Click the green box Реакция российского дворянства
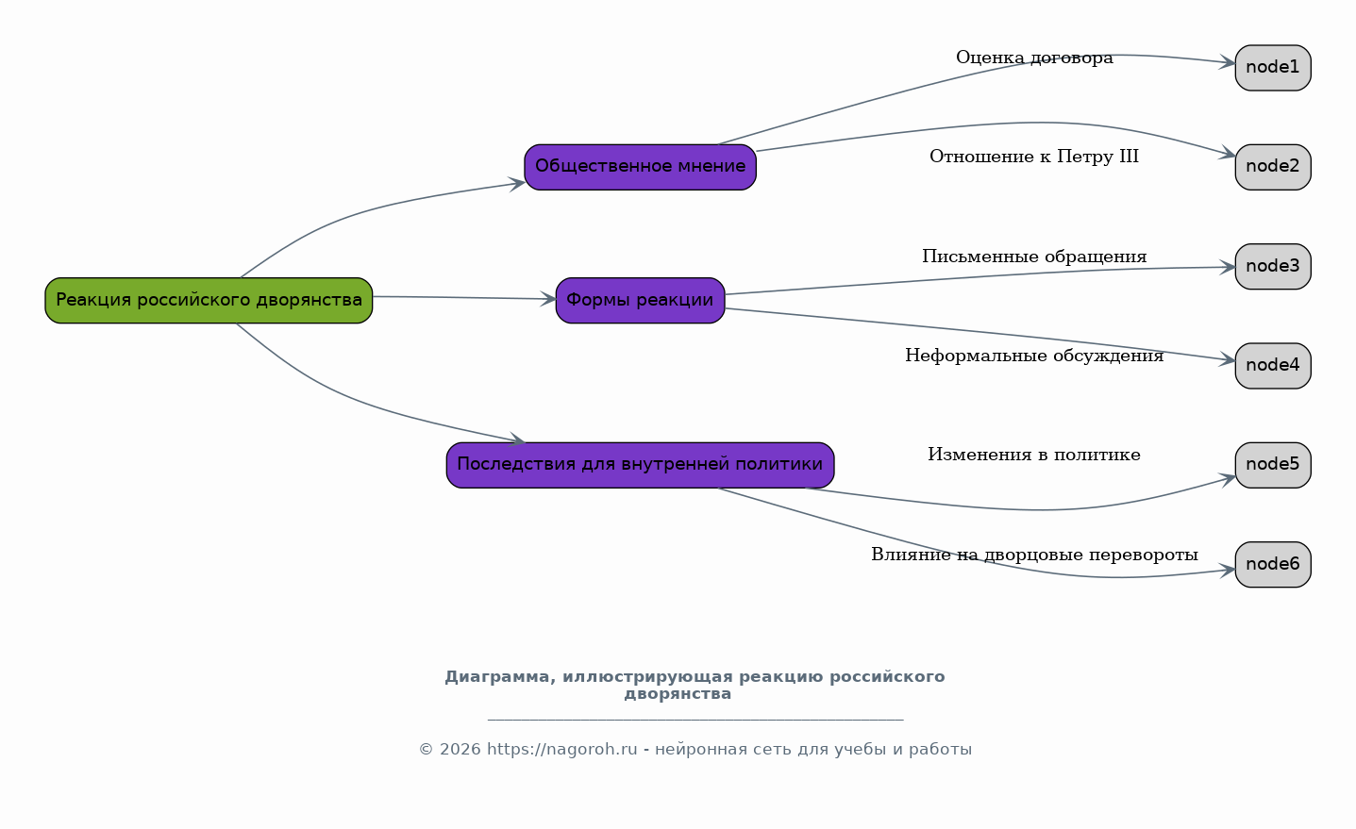pos(209,301)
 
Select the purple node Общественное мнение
pos(641,167)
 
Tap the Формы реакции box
pos(641,301)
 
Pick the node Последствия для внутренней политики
pos(641,465)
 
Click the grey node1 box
pos(1273,68)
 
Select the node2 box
pos(1273,167)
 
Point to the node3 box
pos(1273,267)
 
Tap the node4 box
pos(1273,366)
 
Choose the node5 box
pos(1273,465)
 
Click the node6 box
pos(1273,565)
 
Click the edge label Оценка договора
pos(1034,58)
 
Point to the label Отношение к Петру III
pos(1034,157)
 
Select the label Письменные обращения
pos(1034,257)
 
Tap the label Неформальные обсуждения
pos(1034,356)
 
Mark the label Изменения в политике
pos(1034,455)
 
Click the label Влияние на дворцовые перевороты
pos(1034,555)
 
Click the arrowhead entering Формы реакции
pos(548,299)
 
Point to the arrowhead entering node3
pos(1228,268)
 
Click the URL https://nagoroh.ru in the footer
pos(561,750)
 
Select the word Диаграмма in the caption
pos(500,677)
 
